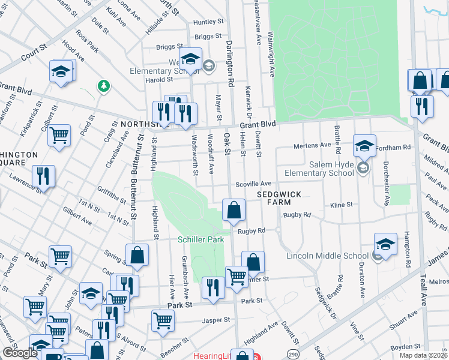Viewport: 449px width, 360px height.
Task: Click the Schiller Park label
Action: point(201,239)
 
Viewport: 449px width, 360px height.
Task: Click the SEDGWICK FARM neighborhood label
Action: point(278,199)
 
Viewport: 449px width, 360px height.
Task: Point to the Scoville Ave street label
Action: point(255,184)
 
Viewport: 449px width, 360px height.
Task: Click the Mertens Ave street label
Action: point(312,145)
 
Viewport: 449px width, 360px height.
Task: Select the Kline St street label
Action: point(342,205)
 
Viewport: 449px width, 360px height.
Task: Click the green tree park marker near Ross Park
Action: point(104,87)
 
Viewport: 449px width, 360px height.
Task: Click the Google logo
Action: point(20,353)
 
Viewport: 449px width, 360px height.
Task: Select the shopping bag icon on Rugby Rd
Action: point(234,211)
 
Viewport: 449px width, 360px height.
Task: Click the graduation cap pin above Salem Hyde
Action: point(364,145)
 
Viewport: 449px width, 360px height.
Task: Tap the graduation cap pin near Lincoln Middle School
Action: point(385,245)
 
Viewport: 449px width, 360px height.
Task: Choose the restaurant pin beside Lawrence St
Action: point(43,176)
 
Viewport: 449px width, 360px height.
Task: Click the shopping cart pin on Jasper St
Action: point(163,321)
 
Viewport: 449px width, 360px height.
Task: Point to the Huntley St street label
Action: point(208,22)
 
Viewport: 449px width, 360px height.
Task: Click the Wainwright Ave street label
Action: point(271,54)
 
